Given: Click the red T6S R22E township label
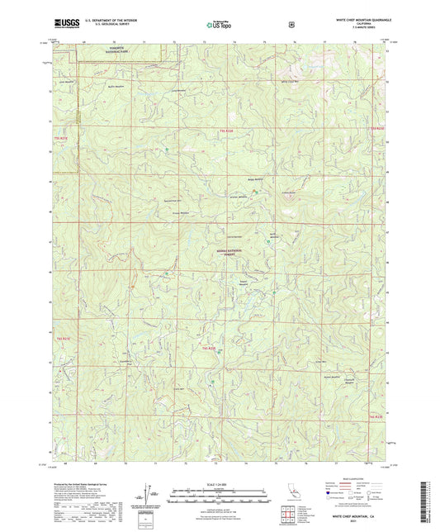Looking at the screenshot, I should [210, 349].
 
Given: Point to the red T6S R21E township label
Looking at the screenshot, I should [64, 338].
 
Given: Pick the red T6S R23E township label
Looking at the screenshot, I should [376, 417].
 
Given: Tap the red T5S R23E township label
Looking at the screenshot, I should [377, 130].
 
